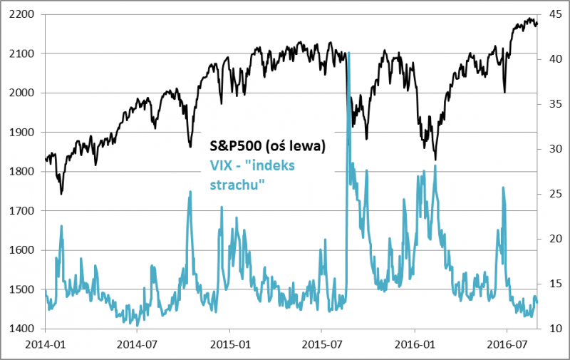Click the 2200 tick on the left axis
point(21,14)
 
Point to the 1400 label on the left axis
point(21,329)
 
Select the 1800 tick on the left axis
point(21,172)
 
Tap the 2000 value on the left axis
point(21,93)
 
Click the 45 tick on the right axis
point(550,14)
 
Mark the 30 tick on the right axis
point(550,149)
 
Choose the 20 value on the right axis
point(550,239)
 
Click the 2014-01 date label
point(46,343)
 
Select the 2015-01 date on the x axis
point(230,343)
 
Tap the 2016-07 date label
point(506,343)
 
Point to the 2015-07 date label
point(322,343)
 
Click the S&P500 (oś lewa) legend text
point(266,145)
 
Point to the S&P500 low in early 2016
point(435,159)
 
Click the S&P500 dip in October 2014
point(190,147)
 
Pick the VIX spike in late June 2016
point(503,187)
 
